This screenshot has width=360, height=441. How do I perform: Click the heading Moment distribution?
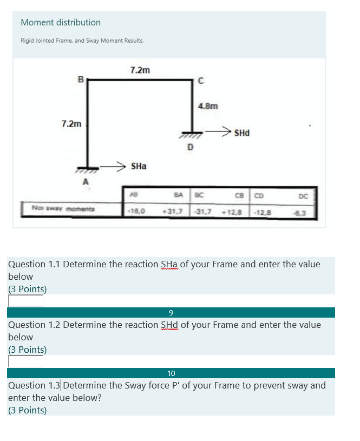[x=61, y=23]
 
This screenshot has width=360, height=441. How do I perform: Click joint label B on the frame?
[x=81, y=79]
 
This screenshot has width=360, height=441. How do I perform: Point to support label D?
[x=189, y=146]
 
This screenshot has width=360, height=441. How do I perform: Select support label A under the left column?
[x=85, y=182]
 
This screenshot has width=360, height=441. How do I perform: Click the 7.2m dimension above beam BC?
[x=140, y=70]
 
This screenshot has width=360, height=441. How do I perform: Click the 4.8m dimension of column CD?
[x=208, y=107]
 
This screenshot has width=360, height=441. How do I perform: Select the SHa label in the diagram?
[x=139, y=167]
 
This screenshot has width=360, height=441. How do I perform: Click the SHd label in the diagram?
[x=242, y=133]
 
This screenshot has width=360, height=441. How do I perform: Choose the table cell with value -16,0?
[x=135, y=212]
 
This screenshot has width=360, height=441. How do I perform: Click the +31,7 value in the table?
[x=173, y=212]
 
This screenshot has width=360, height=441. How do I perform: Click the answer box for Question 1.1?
[x=25, y=301]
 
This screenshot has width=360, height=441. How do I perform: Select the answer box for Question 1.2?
[x=25, y=361]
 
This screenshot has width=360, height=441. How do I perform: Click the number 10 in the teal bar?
[x=171, y=373]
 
